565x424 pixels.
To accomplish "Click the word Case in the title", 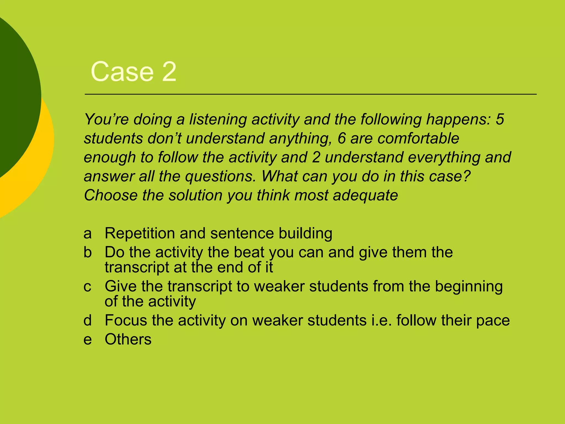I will pos(122,72).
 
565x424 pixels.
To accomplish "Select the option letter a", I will pos(87,234).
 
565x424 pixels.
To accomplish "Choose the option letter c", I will pos(87,287).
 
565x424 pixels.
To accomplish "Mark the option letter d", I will pos(87,320).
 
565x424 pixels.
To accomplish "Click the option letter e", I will pos(87,340).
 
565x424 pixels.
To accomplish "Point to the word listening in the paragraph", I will pos(218,120).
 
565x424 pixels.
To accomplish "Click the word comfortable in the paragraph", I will pos(418,138).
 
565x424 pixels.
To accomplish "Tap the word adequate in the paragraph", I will pos(365,196).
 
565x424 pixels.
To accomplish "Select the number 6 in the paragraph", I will pos(342,138).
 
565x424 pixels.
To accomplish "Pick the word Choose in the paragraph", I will pos(111,195).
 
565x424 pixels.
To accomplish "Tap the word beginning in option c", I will pos(469,287).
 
